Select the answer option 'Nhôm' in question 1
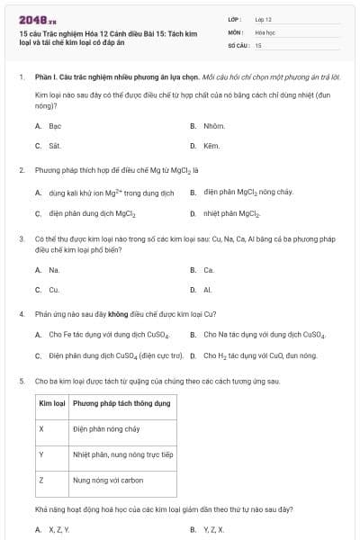click(213, 127)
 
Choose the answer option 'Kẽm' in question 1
click(211, 145)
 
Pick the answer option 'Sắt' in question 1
click(54, 145)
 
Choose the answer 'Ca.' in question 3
click(209, 270)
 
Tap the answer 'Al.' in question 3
click(208, 290)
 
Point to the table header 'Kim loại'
click(50, 403)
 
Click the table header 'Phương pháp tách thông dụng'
click(121, 403)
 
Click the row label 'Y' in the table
click(41, 454)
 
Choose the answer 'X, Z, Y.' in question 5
click(58, 530)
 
